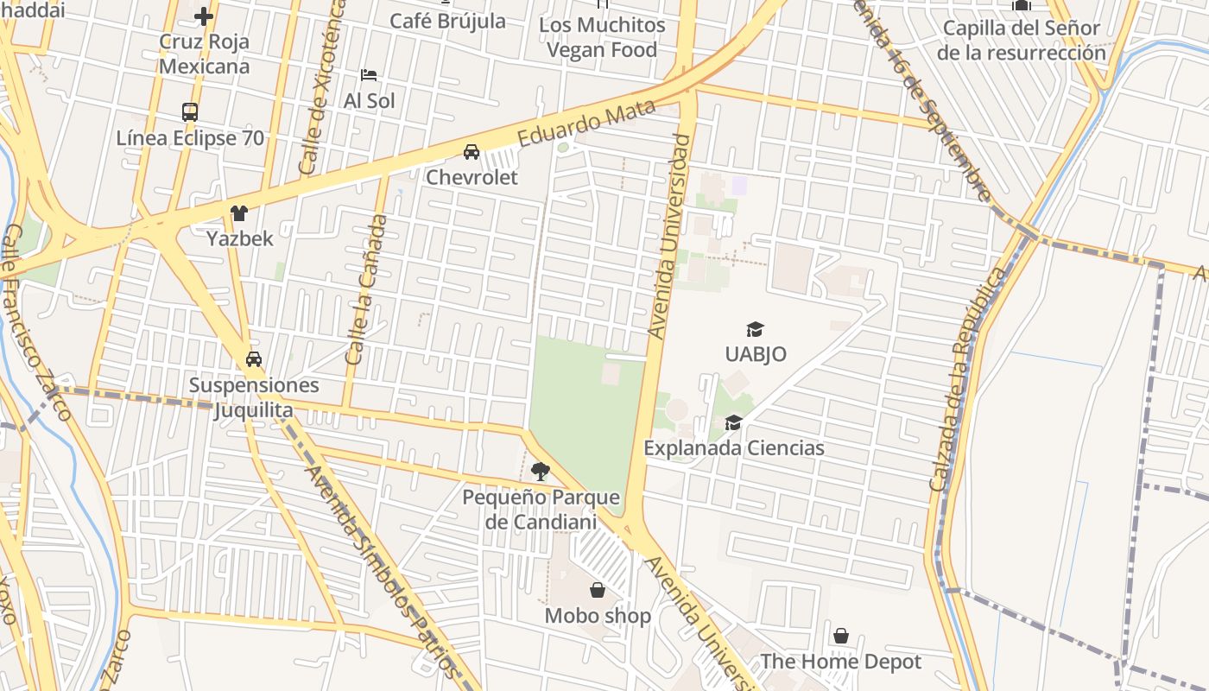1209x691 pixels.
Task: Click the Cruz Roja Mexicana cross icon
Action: click(204, 16)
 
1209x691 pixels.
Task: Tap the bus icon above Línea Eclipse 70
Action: click(190, 111)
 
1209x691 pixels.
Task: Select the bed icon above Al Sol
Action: click(369, 75)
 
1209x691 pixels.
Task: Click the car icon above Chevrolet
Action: click(472, 152)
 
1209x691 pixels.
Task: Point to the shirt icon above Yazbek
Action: click(239, 213)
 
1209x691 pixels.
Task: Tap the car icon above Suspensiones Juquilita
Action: click(254, 359)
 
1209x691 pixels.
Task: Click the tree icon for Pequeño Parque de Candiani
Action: click(541, 472)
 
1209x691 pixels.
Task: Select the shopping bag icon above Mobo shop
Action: click(598, 591)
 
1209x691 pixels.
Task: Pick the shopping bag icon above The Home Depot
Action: click(841, 637)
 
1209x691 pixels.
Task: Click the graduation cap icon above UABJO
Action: click(756, 329)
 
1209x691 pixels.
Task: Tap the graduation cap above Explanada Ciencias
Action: click(734, 422)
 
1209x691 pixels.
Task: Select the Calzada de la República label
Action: click(968, 380)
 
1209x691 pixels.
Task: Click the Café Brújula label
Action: click(447, 21)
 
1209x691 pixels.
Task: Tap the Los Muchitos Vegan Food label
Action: click(602, 38)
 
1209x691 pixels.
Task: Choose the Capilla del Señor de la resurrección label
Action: click(1021, 40)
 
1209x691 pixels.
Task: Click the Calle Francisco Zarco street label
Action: click(37, 322)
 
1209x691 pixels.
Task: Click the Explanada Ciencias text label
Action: click(734, 448)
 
